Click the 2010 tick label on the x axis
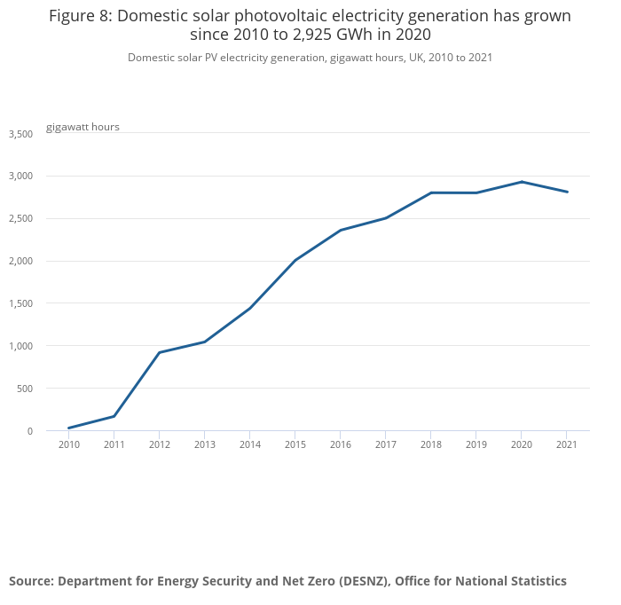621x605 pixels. click(x=69, y=444)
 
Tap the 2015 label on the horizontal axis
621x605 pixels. click(x=295, y=444)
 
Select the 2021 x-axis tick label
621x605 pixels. click(x=567, y=444)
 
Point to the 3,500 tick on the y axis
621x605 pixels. click(x=20, y=134)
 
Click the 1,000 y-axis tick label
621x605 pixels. click(x=20, y=346)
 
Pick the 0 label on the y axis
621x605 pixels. click(x=29, y=431)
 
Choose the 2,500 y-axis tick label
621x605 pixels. click(x=20, y=219)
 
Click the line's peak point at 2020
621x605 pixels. click(x=522, y=182)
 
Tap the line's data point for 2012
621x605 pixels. click(x=160, y=352)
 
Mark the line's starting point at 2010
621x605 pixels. click(x=69, y=428)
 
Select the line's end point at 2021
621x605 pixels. click(x=567, y=192)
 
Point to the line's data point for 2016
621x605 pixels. click(x=341, y=231)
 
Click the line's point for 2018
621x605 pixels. click(x=431, y=192)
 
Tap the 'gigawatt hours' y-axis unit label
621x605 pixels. click(x=83, y=127)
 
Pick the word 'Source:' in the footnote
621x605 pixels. click(x=32, y=581)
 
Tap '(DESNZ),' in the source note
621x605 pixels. click(x=359, y=581)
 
